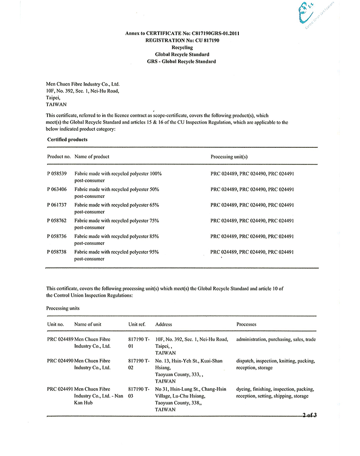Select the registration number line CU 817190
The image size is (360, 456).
[182, 41]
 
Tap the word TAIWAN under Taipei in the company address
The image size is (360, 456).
[57, 104]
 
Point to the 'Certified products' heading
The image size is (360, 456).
[67, 140]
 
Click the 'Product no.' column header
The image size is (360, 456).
[59, 157]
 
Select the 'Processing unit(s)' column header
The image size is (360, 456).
[229, 157]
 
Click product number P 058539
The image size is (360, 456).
[57, 174]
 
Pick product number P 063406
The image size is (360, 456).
[57, 189]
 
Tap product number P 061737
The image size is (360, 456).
[57, 205]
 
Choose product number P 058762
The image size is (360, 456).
[57, 221]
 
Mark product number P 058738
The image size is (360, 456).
[57, 252]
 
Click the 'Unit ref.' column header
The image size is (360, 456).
[137, 325]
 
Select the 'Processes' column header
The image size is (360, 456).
[247, 325]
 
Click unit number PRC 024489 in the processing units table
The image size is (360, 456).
[60, 340]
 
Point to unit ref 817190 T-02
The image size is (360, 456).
[139, 364]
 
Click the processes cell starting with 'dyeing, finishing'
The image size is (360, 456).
[275, 393]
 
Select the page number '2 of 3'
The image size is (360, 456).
[309, 415]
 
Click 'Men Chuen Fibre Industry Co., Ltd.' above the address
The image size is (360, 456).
[83, 84]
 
